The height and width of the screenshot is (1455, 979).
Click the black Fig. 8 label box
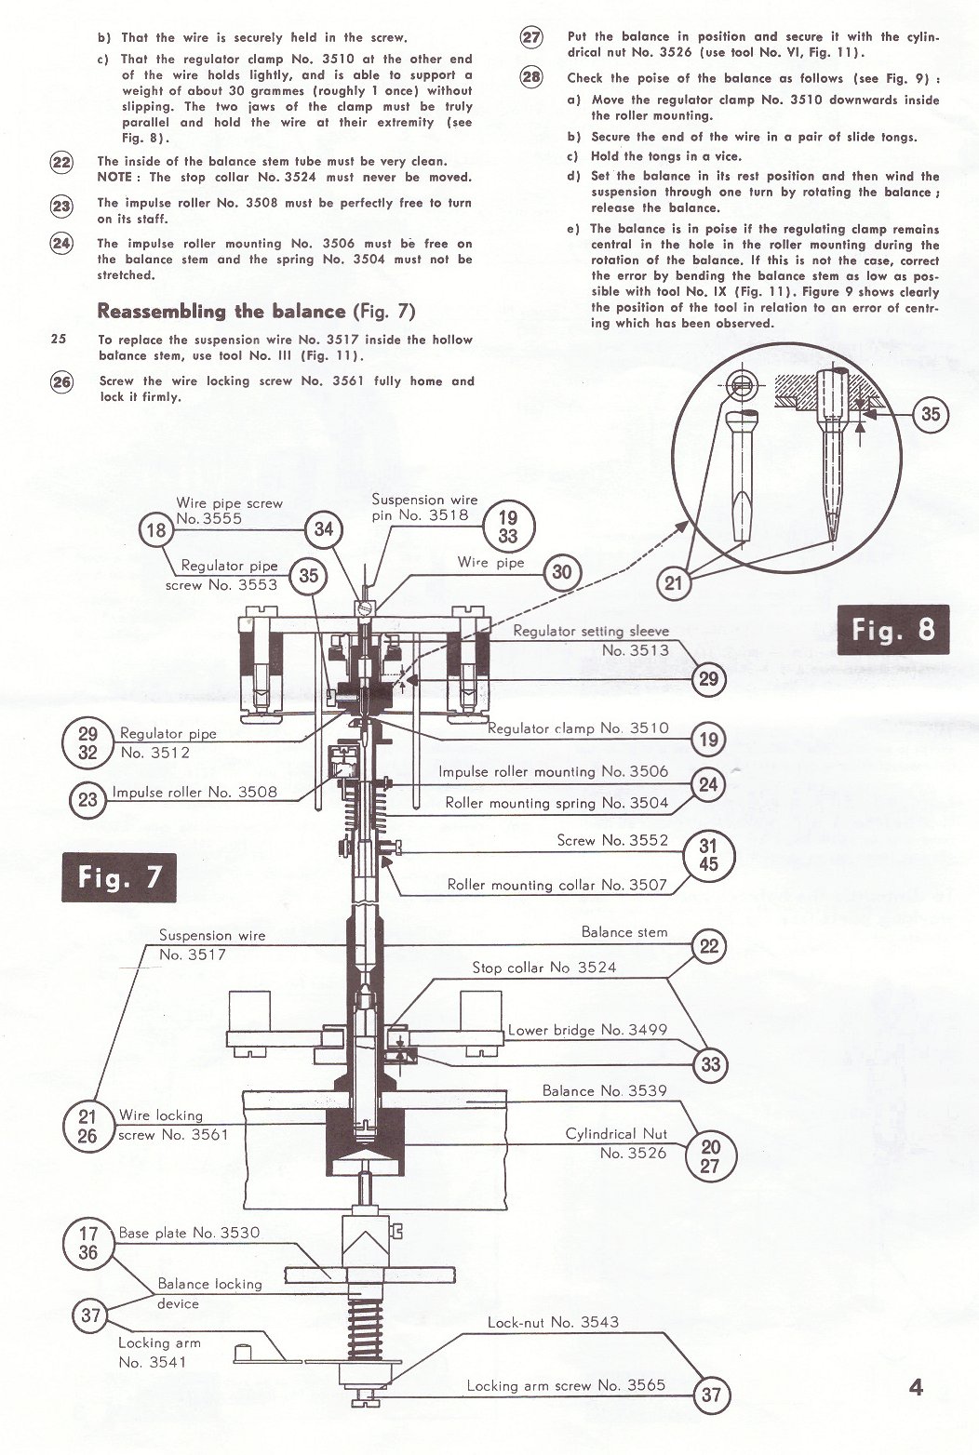click(x=893, y=630)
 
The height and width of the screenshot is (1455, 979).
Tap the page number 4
click(x=916, y=1387)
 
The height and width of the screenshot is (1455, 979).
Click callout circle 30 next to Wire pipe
click(x=562, y=572)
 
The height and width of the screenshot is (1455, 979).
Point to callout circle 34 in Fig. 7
click(x=324, y=529)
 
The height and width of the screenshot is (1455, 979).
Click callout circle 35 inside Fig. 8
click(x=931, y=414)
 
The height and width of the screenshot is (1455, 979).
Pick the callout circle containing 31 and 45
click(x=709, y=856)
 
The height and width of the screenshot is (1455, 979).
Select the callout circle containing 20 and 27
click(x=710, y=1155)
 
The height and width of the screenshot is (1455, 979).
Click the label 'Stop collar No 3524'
click(x=543, y=968)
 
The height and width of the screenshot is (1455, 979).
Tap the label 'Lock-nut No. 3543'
click(x=553, y=1322)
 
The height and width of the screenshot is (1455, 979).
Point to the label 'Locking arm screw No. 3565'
click(x=566, y=1385)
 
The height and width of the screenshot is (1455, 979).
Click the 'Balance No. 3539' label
click(x=604, y=1090)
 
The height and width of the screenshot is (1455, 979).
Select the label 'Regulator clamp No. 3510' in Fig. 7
click(x=578, y=728)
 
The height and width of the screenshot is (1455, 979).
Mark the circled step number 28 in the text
click(x=531, y=77)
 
